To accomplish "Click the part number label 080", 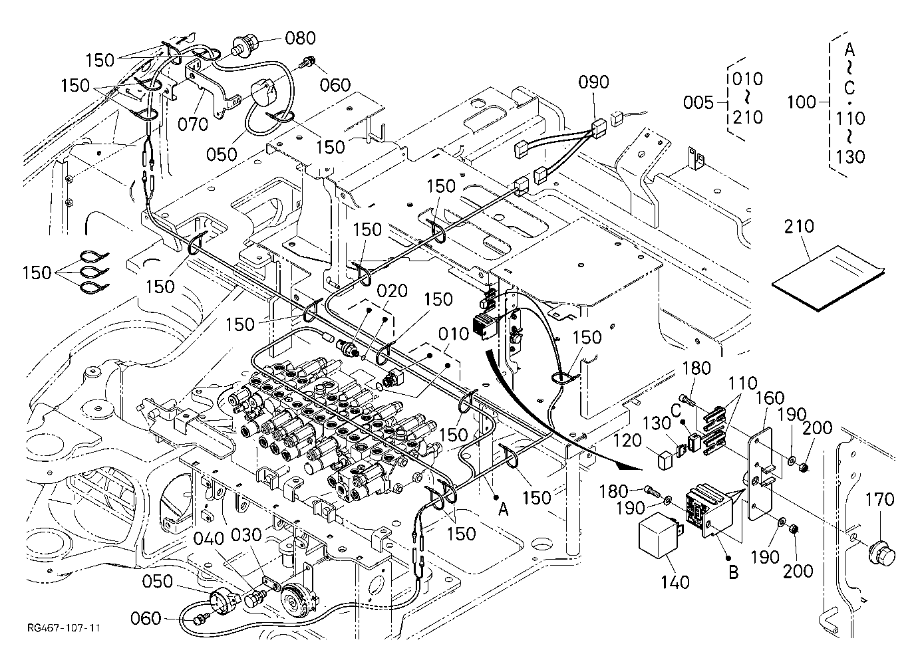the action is [x=301, y=38].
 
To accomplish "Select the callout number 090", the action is [x=593, y=82].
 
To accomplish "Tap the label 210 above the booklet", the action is [x=799, y=227].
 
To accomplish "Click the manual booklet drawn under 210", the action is [x=828, y=278].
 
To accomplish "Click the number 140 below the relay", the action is [x=675, y=582].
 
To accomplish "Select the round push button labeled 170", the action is [x=881, y=554].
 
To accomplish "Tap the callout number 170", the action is [x=879, y=499].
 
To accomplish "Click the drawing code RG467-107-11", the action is [x=63, y=628].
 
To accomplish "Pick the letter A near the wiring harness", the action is [x=504, y=510].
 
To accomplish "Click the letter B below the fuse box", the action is [x=734, y=572].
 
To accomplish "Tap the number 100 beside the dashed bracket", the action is [x=802, y=102].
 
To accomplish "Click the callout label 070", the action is [x=193, y=124].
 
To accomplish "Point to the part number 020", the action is [x=392, y=291].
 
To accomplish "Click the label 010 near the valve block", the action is [x=454, y=334].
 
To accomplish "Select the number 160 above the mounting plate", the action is [x=770, y=397].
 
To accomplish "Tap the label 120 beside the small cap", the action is [x=627, y=441].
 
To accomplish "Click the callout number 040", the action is [x=209, y=539].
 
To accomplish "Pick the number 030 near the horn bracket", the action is [x=246, y=535].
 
